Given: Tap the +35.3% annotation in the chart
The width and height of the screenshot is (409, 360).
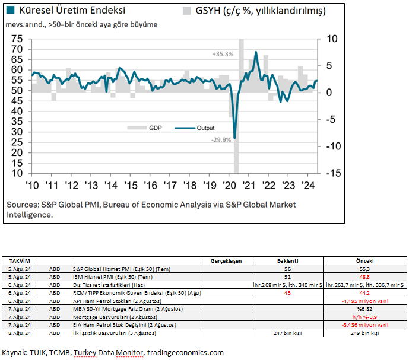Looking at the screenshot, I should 223,54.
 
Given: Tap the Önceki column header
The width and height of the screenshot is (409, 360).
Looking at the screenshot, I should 363,260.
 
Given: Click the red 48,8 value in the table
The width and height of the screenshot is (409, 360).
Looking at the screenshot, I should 363,276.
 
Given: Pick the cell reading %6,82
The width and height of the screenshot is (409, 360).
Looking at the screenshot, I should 363,309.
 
